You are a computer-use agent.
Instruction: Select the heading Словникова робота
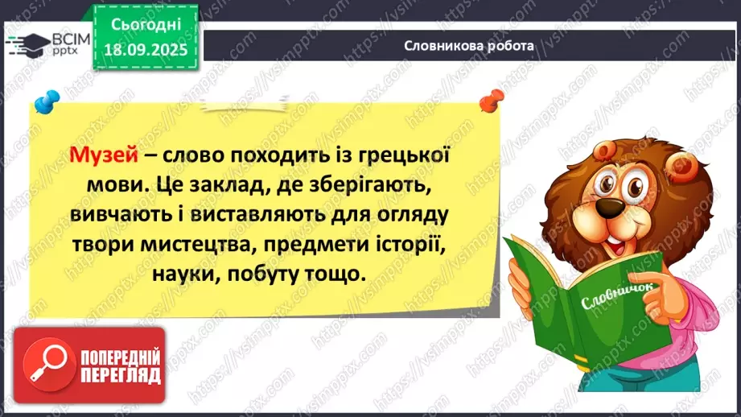[x=469, y=46]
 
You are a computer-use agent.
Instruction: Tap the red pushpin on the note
[x=487, y=101]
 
